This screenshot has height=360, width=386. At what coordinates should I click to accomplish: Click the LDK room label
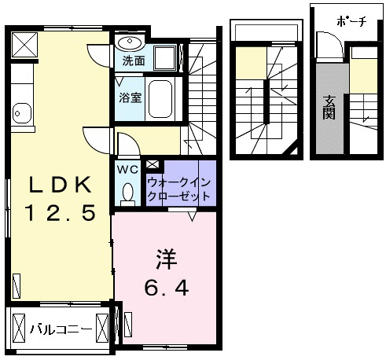(x=61, y=185)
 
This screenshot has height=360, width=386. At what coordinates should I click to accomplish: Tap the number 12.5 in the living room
(x=61, y=213)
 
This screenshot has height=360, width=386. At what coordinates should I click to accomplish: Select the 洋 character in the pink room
(x=167, y=259)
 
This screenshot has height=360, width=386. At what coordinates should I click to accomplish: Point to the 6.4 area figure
(x=167, y=288)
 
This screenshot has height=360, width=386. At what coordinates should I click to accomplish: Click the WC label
(x=127, y=170)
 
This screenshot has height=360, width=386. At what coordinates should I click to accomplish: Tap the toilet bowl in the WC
(x=127, y=193)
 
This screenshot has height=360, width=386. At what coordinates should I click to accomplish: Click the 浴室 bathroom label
(x=131, y=97)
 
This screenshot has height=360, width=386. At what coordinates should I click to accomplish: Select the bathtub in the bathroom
(x=160, y=99)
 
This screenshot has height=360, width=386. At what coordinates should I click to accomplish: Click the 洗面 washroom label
(x=134, y=61)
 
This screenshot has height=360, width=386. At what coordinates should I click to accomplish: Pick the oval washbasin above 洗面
(x=130, y=42)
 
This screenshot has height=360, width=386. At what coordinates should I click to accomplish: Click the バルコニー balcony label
(x=61, y=329)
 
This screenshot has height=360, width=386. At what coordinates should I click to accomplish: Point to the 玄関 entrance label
(x=329, y=108)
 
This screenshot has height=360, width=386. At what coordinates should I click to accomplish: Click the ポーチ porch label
(x=351, y=21)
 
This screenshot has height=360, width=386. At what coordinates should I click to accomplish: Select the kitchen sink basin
(x=22, y=113)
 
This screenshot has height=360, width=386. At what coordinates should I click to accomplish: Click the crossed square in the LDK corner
(x=24, y=45)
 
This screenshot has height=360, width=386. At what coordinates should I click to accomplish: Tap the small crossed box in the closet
(x=153, y=164)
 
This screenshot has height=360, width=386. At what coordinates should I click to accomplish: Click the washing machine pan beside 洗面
(x=165, y=58)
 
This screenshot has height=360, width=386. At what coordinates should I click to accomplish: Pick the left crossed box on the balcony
(x=19, y=328)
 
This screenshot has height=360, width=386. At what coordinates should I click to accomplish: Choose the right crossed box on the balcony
(x=102, y=328)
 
